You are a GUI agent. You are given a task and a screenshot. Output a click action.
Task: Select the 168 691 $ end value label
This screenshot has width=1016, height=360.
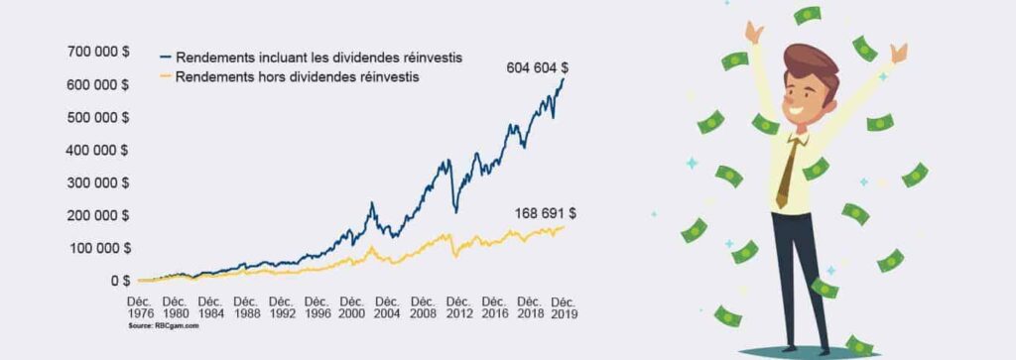(x=546, y=212)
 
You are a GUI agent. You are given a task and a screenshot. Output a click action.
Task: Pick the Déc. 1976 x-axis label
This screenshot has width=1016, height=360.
(x=138, y=306)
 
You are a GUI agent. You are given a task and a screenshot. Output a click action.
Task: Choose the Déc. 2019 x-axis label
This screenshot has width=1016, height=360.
(x=565, y=306)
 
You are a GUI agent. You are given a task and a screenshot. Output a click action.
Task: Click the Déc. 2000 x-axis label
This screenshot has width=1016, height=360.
(x=352, y=306)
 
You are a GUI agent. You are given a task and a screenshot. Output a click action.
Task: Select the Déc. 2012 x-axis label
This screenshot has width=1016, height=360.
(x=458, y=306)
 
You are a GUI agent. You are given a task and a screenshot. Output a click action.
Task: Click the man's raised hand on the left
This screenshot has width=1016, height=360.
(x=755, y=34)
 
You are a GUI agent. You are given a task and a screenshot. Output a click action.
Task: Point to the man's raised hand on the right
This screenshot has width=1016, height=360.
(x=898, y=52)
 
